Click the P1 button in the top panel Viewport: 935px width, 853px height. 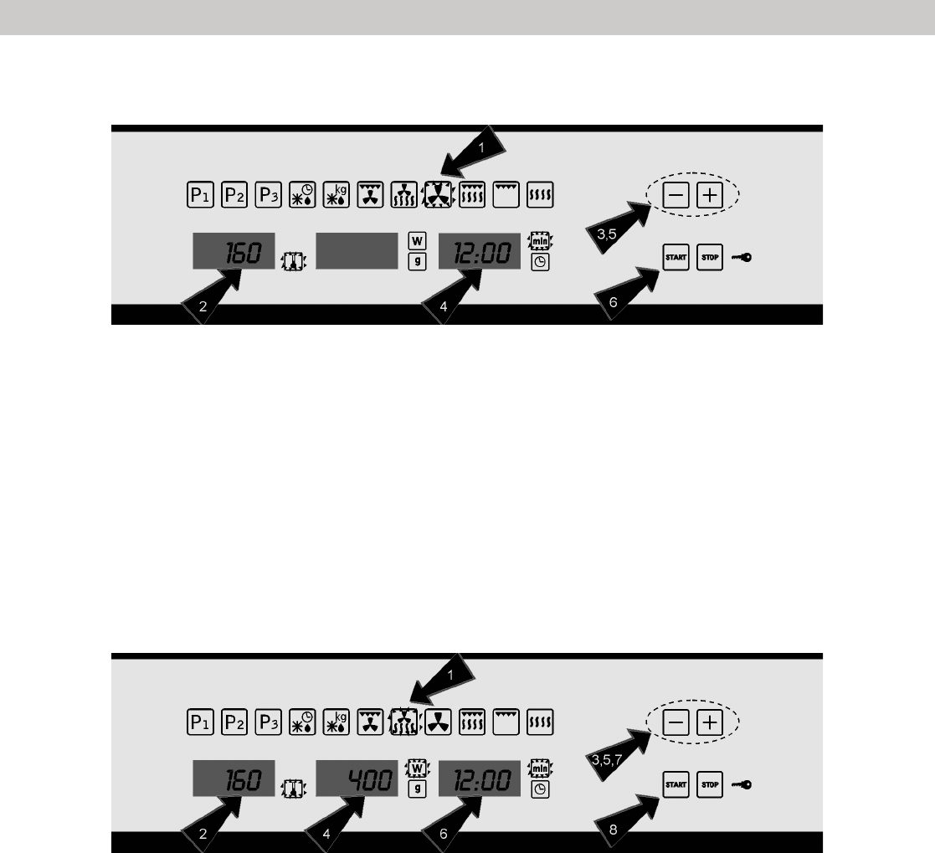pos(198,196)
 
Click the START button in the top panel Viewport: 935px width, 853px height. pos(675,257)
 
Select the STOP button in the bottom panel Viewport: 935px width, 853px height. pos(709,784)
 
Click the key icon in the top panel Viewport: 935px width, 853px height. pos(741,258)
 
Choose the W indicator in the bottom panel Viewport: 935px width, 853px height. pos(415,768)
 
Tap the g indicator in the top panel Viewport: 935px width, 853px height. pos(415,261)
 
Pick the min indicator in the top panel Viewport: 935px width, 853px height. pos(540,242)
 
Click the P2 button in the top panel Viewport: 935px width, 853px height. pos(234,196)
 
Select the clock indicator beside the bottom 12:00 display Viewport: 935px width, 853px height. pos(540,789)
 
